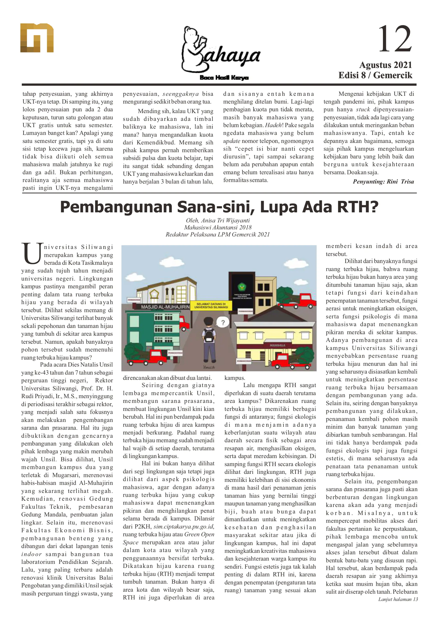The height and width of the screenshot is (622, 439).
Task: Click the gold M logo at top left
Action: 37,38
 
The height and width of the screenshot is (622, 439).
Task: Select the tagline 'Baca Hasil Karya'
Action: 224,78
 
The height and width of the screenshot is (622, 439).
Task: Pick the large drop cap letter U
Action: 32,253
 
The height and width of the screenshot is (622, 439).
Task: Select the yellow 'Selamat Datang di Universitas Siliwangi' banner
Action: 211,306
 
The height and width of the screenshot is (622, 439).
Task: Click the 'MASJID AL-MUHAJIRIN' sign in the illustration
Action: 165,307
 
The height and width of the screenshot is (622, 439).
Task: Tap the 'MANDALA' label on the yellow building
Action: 277,345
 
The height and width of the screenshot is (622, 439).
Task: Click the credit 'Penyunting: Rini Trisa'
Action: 383,182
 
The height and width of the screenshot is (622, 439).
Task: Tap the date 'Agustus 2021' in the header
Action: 385,65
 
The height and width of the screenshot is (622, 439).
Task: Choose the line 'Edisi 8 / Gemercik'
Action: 375,75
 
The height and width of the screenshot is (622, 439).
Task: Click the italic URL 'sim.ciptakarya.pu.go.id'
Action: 184,527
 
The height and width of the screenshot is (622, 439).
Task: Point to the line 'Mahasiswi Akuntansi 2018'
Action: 218,227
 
